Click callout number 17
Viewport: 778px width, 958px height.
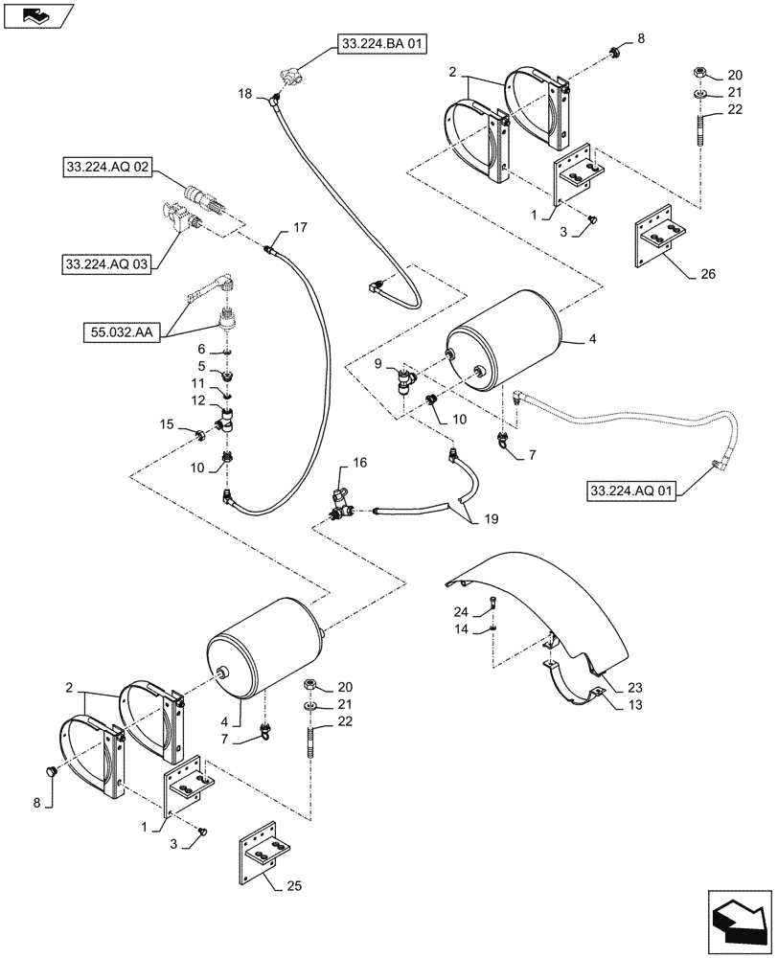300,227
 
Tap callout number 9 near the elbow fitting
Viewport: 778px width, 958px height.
379,364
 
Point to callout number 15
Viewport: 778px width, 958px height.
166,423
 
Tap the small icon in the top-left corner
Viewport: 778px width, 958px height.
36,14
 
